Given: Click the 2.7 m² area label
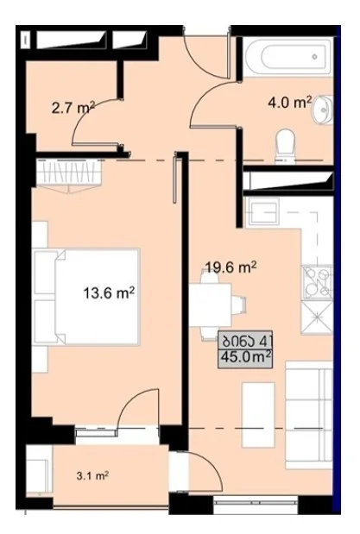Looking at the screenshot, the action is (73, 108).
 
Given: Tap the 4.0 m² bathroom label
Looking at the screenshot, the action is (290, 102).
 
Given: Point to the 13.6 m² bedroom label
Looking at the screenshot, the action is (109, 292).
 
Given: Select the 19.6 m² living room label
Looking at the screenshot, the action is (231, 267).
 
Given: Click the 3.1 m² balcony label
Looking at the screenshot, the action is (92, 475).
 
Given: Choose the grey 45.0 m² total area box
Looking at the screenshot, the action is (245, 349).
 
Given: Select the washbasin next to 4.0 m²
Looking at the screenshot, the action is (323, 110).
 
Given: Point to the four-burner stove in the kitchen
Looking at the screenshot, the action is (318, 282).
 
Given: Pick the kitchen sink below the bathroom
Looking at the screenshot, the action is (262, 212).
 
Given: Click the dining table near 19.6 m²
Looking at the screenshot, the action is (212, 305).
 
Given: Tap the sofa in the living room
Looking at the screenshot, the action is (309, 415).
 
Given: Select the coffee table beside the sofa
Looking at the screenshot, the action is (258, 415).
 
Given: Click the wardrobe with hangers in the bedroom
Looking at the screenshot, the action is (69, 173).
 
